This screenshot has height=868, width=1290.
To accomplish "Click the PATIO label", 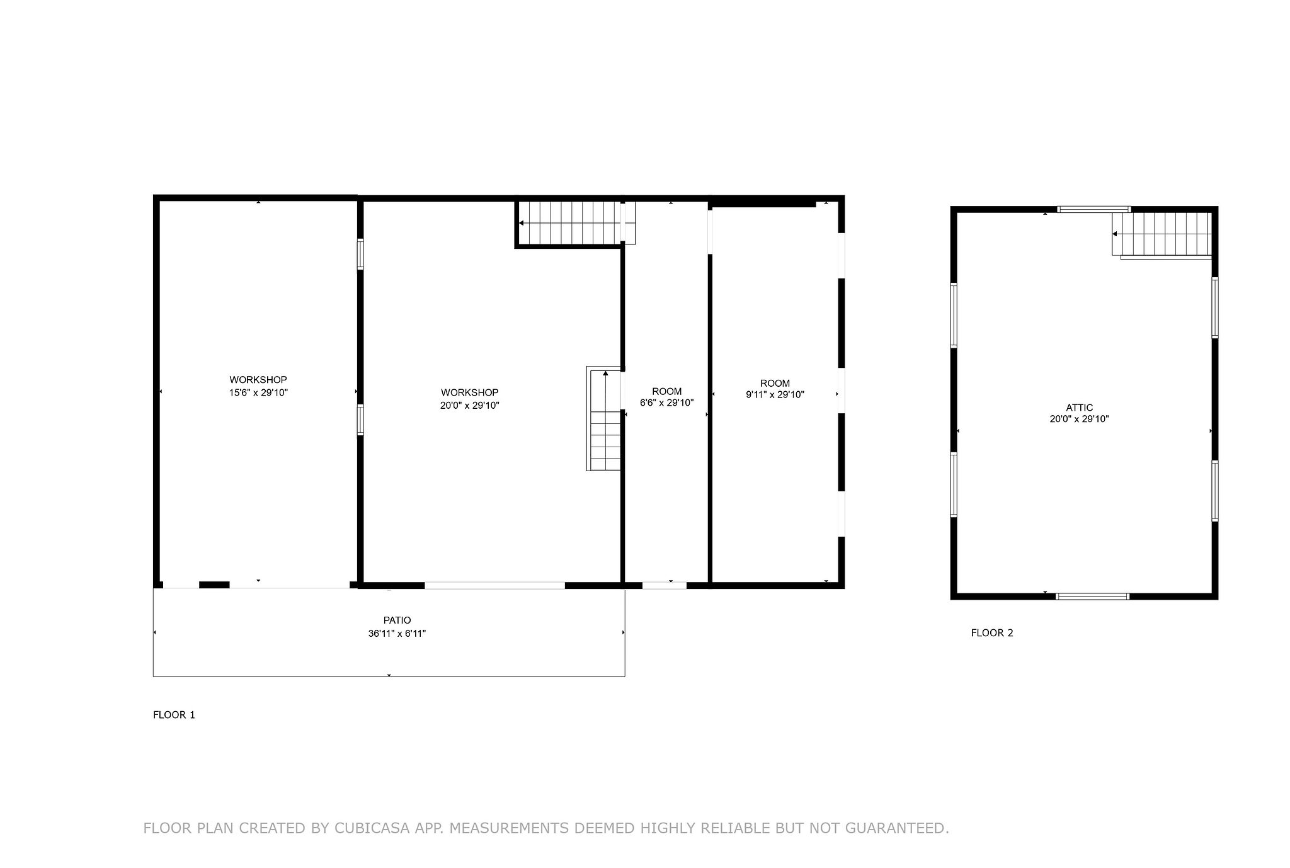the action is coord(397,620).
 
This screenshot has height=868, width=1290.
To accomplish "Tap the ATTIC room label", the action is coord(1080,408).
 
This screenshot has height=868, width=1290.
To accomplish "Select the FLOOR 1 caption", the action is coord(174,715).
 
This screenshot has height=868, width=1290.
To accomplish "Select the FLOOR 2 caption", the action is coord(992,633).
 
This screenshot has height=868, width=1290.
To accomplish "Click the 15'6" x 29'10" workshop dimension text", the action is coord(258,392).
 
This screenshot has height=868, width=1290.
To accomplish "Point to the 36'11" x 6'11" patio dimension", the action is coord(397,634).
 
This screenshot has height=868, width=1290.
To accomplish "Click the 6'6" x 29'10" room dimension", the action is coord(666,403).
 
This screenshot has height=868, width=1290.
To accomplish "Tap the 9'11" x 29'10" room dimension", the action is coord(775,395).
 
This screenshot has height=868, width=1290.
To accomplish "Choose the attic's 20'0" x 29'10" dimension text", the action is coord(1079,419).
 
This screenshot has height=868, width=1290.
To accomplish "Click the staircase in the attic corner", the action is coord(1163,235).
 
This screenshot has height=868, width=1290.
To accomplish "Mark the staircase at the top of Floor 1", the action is coord(576,223).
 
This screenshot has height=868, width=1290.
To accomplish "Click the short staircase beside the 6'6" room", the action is coord(605,419).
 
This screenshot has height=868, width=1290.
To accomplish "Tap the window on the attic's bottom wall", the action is coord(1092,596).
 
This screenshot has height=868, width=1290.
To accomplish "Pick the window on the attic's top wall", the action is coord(1094,209).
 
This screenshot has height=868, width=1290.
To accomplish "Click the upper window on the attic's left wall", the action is coord(954,315).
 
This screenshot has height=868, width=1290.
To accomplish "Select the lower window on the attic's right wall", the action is coord(1215,491).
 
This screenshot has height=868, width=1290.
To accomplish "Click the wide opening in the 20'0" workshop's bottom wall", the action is coord(494,585).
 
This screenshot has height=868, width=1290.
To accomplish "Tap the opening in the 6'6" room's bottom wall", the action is coord(665,585).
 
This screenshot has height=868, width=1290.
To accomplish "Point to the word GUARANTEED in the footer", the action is coord(897,828).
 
